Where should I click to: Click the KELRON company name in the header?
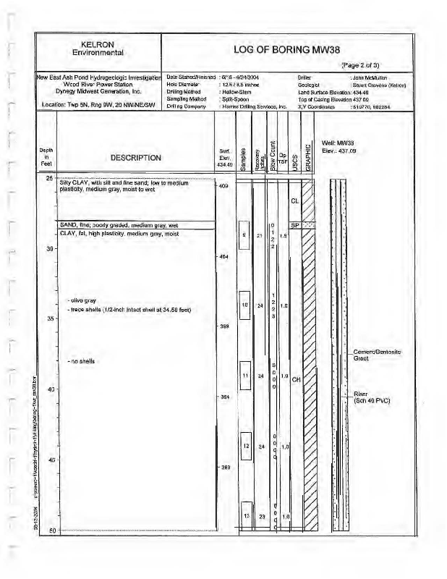tap(99, 44)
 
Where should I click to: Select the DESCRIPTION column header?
tap(135, 157)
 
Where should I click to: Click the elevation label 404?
tap(224, 257)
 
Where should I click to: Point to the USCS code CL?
tap(294, 200)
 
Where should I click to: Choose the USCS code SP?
tap(294, 224)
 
